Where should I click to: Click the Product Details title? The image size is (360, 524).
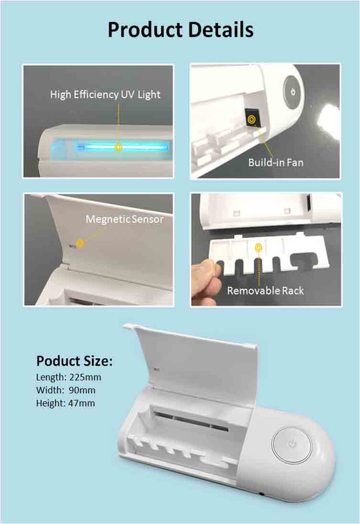180,30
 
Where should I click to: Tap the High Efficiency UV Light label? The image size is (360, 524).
105,94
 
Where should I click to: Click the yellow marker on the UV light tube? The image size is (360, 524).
119,147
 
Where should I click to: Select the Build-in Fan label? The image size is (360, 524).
275,162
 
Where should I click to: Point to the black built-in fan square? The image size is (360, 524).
251,117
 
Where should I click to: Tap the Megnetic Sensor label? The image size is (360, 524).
124,219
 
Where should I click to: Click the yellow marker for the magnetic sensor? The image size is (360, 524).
80,243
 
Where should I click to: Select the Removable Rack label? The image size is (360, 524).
265,290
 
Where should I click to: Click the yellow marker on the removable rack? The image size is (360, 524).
259,248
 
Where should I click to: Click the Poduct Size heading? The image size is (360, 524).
74,361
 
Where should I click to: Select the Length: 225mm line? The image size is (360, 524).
68,377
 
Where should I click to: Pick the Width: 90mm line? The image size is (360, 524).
65,390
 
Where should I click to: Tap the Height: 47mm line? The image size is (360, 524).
65,403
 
